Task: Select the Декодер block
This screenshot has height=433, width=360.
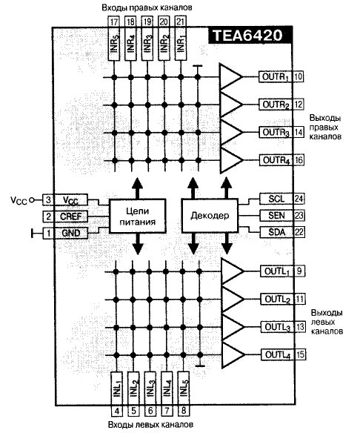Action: click(x=210, y=216)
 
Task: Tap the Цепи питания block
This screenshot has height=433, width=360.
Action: click(x=138, y=216)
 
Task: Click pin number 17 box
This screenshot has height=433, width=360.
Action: click(x=113, y=22)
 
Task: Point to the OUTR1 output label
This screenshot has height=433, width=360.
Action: click(x=276, y=76)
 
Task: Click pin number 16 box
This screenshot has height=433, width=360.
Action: click(x=299, y=160)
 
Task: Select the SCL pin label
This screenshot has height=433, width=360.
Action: click(x=277, y=199)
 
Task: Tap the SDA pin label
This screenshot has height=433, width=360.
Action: click(x=277, y=232)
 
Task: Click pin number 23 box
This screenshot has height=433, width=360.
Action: click(x=299, y=216)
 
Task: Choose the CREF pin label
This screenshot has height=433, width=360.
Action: click(x=70, y=216)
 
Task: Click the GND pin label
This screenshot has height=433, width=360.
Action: click(x=70, y=233)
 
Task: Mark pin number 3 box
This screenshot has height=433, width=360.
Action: click(x=48, y=199)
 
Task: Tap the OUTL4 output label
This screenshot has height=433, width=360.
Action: click(x=278, y=354)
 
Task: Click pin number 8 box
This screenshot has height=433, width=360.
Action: click(x=184, y=411)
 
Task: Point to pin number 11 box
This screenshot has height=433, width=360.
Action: click(x=300, y=299)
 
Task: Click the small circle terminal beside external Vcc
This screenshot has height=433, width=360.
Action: click(x=32, y=199)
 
